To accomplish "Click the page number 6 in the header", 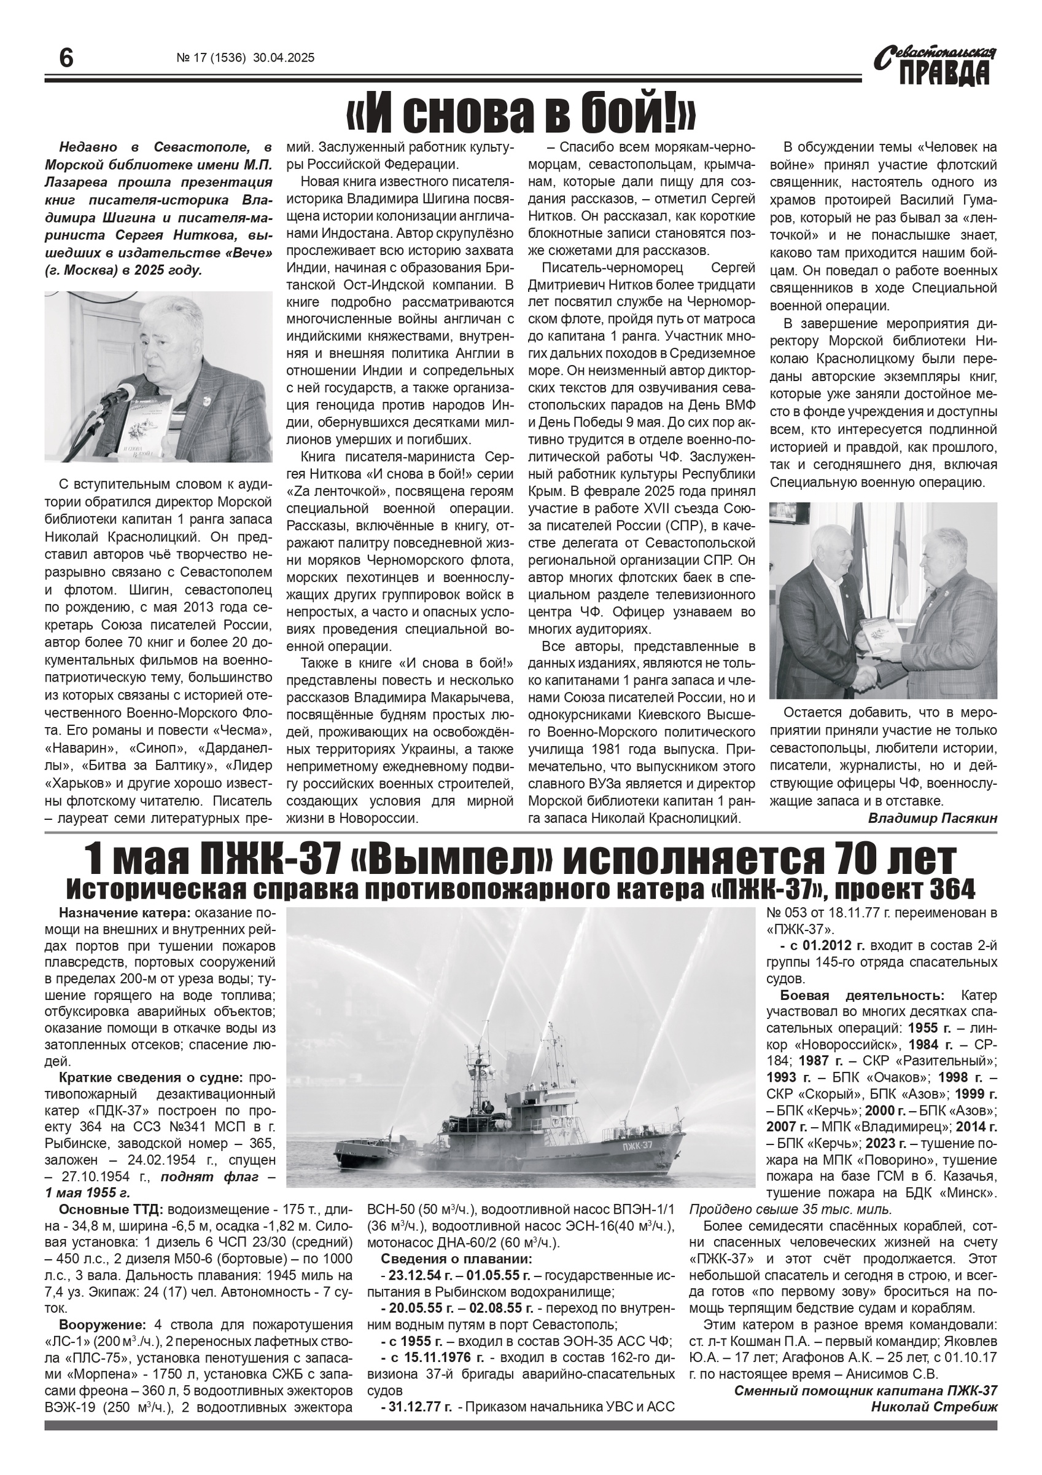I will click(66, 59).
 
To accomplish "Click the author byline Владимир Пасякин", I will click(932, 819).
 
